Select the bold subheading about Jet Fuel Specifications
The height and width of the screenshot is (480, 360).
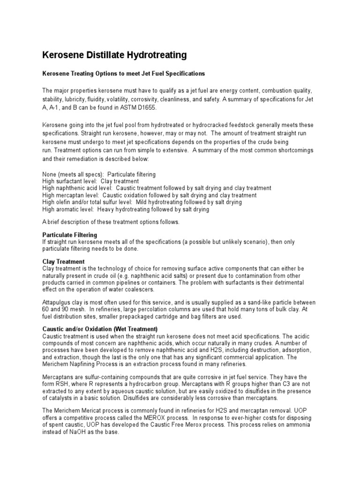[124, 74]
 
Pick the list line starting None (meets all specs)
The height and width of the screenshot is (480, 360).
[99, 174]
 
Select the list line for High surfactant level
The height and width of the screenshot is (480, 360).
[90, 181]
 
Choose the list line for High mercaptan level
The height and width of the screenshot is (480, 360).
[149, 195]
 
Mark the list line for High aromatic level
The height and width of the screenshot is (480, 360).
[126, 210]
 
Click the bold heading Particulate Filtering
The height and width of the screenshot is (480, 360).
[70, 234]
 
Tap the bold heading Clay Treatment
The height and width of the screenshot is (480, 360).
[63, 262]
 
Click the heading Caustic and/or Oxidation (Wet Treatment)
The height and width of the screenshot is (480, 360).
[100, 329]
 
